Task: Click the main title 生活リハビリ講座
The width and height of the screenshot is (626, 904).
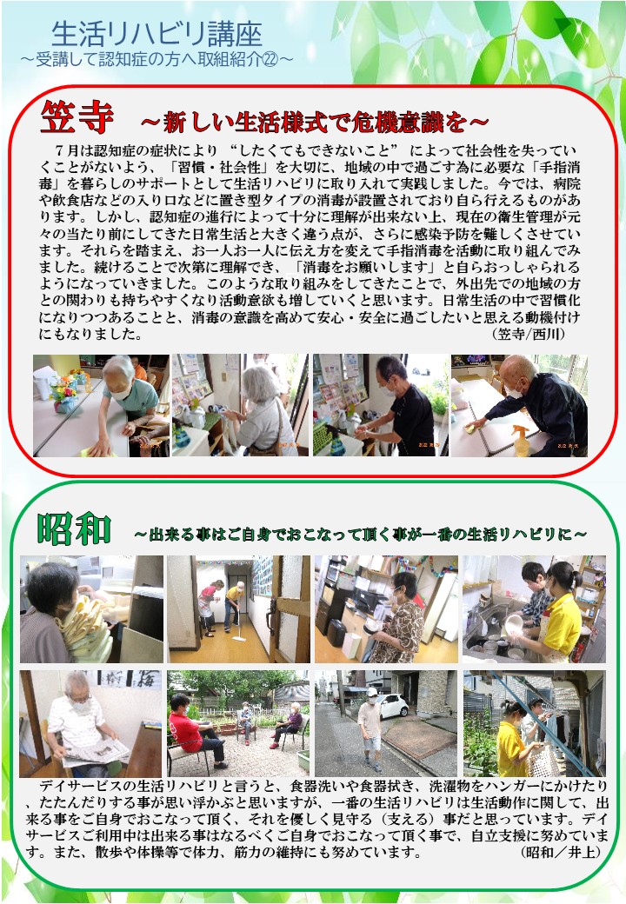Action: coord(156,34)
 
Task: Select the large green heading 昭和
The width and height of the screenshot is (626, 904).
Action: coord(73,528)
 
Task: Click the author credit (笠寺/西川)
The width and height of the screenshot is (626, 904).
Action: coord(528,334)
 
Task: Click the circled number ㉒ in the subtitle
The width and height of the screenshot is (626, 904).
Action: coord(270,59)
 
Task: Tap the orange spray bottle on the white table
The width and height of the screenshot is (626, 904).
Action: coord(522,441)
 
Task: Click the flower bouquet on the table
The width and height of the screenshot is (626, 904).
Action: coord(63,393)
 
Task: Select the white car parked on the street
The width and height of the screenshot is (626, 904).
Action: coord(391,706)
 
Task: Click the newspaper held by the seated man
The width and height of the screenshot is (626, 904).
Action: coord(97,752)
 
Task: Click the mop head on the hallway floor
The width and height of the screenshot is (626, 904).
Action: coord(237,640)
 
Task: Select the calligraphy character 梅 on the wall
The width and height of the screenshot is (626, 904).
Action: coord(148,680)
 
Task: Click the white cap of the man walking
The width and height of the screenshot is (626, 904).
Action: coord(372,691)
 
